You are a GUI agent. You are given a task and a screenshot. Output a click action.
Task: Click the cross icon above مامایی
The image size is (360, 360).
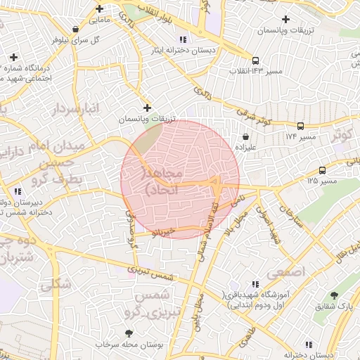tap(100, 9)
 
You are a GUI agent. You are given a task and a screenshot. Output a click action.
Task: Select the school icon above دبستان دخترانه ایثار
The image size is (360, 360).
tap(183, 39)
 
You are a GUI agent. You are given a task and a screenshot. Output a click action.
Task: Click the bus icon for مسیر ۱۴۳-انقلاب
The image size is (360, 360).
tap(255, 60)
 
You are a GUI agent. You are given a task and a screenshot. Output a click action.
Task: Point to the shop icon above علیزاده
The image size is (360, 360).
tap(245, 136)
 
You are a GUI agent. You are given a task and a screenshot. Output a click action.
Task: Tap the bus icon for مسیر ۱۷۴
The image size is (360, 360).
tap(300, 126)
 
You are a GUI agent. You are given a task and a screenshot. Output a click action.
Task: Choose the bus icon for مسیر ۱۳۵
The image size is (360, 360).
tap(322, 170)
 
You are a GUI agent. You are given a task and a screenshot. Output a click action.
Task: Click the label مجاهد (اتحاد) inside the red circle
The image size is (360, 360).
tap(162, 181)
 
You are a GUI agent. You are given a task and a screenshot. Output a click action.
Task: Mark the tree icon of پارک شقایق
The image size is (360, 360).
tap(333, 296)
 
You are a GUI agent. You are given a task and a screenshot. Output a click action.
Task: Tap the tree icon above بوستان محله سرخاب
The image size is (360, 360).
tap(128, 333)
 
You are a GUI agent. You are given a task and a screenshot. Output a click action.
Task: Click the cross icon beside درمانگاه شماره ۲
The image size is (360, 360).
tap(13, 57)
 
